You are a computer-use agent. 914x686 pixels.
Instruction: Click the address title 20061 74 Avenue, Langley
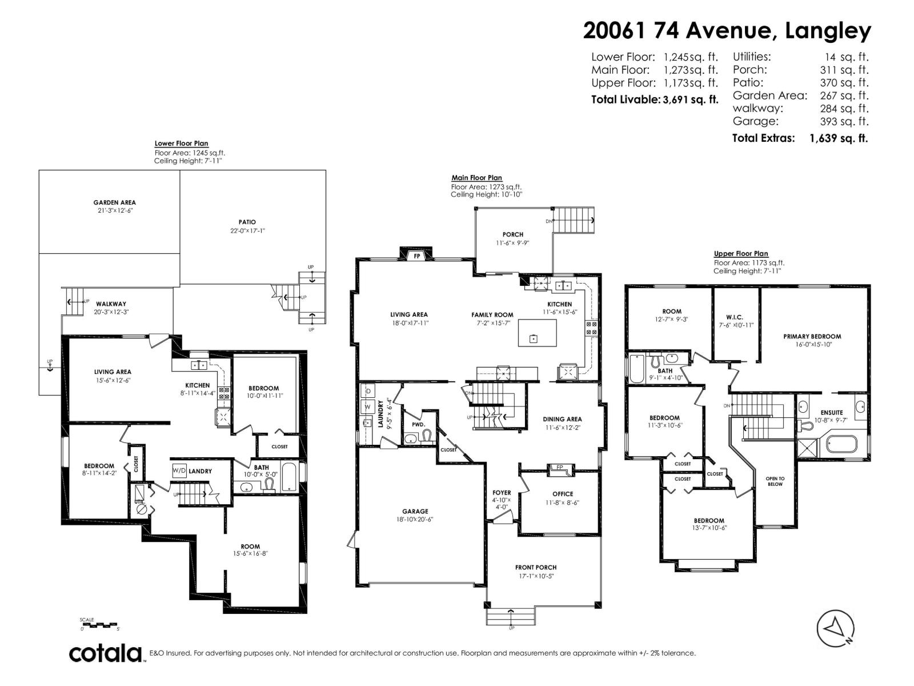[x=727, y=31]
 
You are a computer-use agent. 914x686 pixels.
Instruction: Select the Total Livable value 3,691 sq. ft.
[x=690, y=99]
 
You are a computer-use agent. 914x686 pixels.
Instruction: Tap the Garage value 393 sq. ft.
[x=844, y=121]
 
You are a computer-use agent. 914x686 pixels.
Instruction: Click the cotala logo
[x=106, y=653]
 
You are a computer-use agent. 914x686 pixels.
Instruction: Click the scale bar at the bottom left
[x=99, y=624]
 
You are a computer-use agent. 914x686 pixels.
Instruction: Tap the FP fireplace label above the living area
[x=417, y=256]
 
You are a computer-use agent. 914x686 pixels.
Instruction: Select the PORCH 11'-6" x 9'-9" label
[x=512, y=238]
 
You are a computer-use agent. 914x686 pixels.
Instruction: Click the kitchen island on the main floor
[x=537, y=333]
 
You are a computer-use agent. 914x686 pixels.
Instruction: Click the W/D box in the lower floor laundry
[x=179, y=470]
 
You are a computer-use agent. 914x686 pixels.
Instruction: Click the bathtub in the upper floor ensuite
[x=841, y=444]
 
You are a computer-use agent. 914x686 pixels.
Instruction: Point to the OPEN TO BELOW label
[x=775, y=481]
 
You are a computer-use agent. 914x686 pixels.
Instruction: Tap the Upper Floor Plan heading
[x=740, y=254]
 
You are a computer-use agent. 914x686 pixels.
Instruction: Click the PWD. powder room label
[x=419, y=425]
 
